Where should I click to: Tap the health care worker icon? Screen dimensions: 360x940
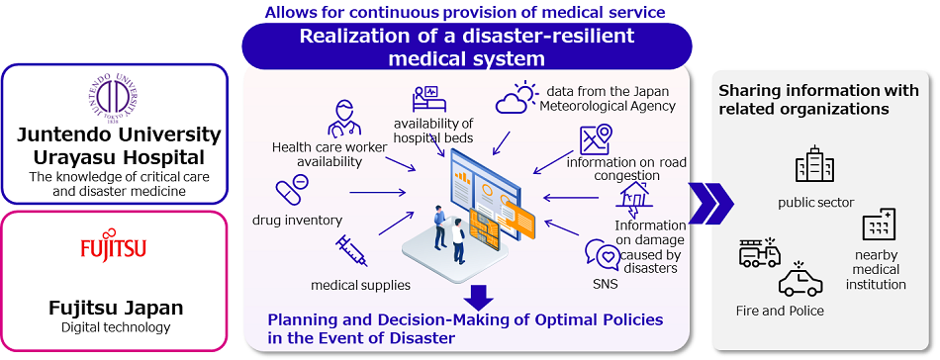342,117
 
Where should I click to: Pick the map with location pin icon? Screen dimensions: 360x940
597,138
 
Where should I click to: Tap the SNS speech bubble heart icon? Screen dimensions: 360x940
601,254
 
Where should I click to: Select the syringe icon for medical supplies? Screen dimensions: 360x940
350,250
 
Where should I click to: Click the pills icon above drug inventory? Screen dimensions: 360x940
292,188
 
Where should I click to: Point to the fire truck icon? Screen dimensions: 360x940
760,254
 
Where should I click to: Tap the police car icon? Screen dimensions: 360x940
799,281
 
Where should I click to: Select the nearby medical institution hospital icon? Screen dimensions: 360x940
878,226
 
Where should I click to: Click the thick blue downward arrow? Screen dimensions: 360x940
477,297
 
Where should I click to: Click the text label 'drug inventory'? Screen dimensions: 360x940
297,220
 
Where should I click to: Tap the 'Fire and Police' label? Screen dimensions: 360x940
780,311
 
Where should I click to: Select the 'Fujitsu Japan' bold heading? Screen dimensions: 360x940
117,308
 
